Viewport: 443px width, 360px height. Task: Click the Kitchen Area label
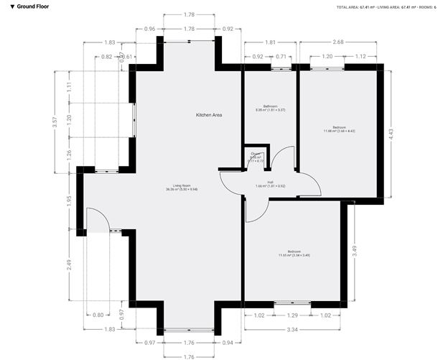click(209, 115)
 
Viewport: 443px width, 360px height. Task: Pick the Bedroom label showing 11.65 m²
click(294, 253)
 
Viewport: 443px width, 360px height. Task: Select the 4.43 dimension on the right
click(391, 134)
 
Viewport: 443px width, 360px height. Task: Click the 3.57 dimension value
click(54, 122)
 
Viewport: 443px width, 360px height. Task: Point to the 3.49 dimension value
click(355, 251)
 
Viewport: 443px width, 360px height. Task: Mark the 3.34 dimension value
click(292, 328)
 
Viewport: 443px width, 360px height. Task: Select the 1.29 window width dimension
click(292, 315)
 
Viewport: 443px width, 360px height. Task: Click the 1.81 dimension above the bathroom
click(270, 42)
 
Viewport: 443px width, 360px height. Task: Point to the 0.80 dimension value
click(98, 315)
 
